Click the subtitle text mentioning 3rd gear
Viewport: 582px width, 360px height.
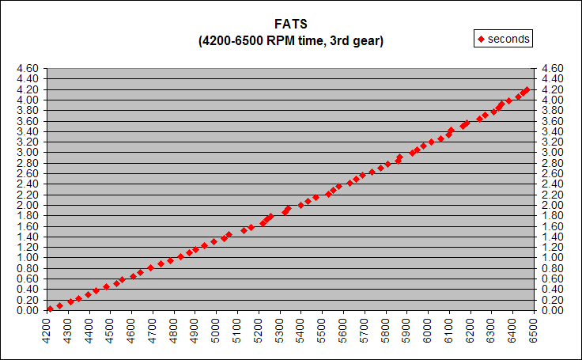290,40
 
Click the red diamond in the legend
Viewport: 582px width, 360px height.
480,38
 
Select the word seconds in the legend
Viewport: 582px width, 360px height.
508,38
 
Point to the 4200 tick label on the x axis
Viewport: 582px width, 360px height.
47,330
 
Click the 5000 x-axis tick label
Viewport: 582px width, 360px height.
216,330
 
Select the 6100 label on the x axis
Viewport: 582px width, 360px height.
448,330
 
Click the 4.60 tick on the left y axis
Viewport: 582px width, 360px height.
27,69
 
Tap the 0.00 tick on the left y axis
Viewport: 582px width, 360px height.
27,310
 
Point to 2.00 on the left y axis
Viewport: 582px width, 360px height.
27,205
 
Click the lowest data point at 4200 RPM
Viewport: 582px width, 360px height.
50,309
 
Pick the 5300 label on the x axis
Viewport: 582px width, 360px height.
279,330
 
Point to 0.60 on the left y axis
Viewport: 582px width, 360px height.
27,279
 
